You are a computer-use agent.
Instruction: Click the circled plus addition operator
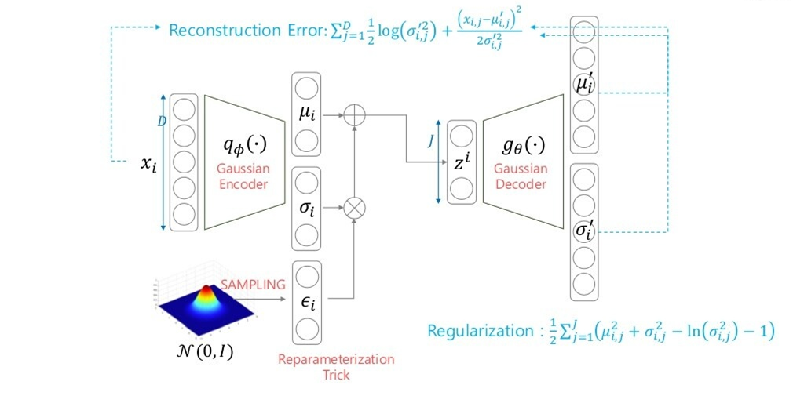point(356,115)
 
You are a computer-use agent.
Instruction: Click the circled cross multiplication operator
point(356,208)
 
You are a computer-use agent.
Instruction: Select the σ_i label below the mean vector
point(307,209)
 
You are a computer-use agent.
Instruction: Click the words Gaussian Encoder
point(243,177)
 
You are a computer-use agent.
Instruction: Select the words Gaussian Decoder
point(521,177)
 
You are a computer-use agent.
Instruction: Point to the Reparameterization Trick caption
point(336,367)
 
